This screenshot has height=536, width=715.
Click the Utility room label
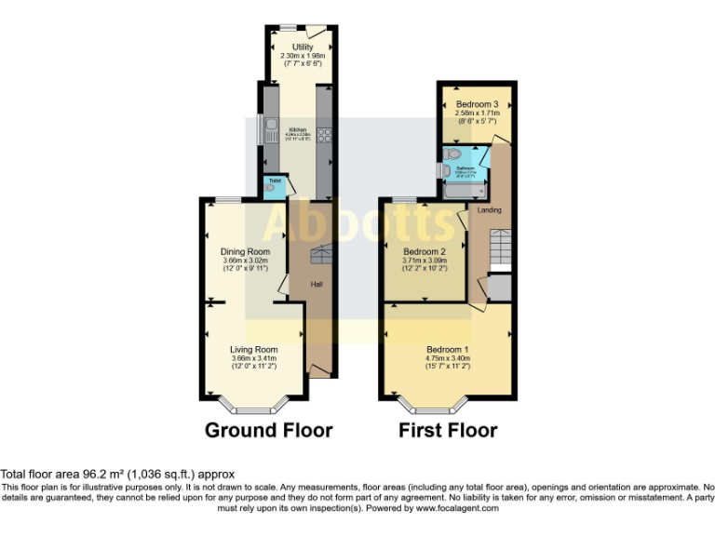coord(302,47)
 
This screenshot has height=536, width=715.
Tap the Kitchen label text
coord(298,129)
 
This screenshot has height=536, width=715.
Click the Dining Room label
coord(245,251)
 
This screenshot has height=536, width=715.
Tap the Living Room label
coord(254,350)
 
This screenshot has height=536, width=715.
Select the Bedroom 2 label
coord(425,251)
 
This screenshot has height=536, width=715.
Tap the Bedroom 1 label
coord(447,349)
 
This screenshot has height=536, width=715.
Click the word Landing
coord(489,210)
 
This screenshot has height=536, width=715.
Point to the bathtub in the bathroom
coord(463,190)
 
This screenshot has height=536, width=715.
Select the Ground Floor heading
coord(269,430)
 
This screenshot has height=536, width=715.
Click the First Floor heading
coord(448,430)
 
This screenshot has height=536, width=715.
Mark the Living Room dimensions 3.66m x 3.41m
coord(254,358)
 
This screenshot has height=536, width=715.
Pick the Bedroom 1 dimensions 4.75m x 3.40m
coord(447,358)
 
